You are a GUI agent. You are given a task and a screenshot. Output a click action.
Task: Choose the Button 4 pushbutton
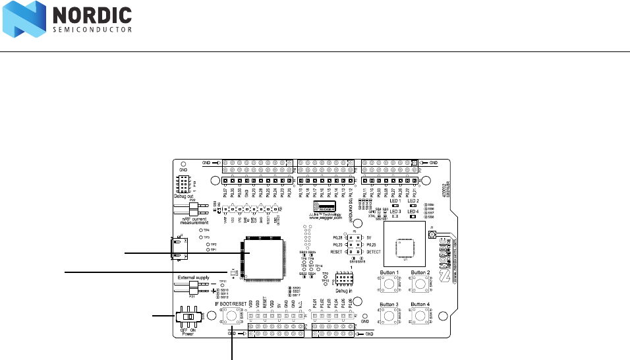pyautogui.click(x=420, y=317)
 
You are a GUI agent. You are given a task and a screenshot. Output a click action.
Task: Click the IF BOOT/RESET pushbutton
pyautogui.click(x=233, y=316)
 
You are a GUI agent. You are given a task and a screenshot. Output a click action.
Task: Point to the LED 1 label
pyautogui.click(x=395, y=200)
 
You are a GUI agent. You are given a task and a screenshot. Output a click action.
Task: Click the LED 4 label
pyautogui.click(x=413, y=212)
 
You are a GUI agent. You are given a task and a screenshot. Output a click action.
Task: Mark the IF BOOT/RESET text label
pyautogui.click(x=231, y=303)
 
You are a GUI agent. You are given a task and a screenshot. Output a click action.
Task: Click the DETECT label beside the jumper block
pyautogui.click(x=374, y=252)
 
